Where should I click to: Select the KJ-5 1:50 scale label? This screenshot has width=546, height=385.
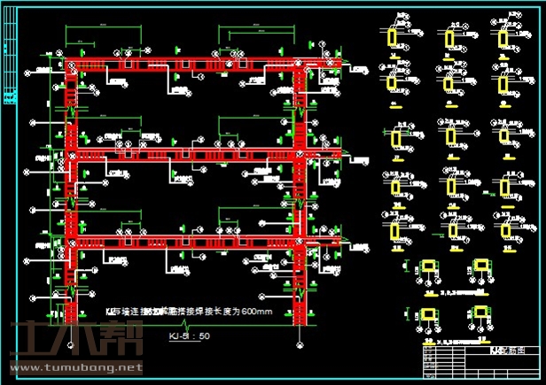pos(189,336)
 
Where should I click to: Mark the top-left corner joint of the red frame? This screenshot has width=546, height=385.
pos(70,65)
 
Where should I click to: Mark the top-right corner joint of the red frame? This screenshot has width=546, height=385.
pos(306,65)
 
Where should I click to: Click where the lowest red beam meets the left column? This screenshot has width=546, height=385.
pos(70,242)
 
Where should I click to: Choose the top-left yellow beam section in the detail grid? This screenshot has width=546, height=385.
pos(394,38)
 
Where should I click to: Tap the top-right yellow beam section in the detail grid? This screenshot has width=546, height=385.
pos(503,38)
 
